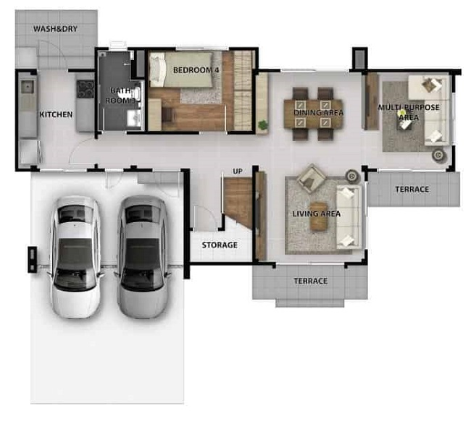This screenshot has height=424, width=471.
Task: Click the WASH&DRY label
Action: pos(55,29)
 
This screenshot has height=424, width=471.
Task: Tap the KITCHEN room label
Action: pos(57,114)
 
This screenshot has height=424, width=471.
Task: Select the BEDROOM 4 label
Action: pos(196,70)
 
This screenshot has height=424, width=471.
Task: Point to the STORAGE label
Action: pos(220,245)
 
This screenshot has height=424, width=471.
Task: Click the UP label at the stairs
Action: pos(237,171)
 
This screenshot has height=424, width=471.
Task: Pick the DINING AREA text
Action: pos(318,113)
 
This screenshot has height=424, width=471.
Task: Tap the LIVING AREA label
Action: pos(317,213)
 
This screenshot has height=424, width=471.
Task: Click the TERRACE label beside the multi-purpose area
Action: pos(412,190)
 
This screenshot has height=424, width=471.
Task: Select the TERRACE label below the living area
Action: pos(310,281)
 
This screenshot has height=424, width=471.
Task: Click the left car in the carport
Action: pos(75,258)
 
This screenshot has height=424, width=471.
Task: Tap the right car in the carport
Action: pos(142,258)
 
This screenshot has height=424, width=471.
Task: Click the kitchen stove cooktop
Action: pos(86,89)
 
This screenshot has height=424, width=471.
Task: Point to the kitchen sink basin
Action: pos(28,87)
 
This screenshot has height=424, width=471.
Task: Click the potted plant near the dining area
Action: pos(263,124)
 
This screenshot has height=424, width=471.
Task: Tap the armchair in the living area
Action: pos(311,177)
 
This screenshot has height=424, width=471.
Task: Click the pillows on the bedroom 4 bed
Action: pos(157,69)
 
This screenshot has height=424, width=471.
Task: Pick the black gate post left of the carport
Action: pos(32,259)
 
